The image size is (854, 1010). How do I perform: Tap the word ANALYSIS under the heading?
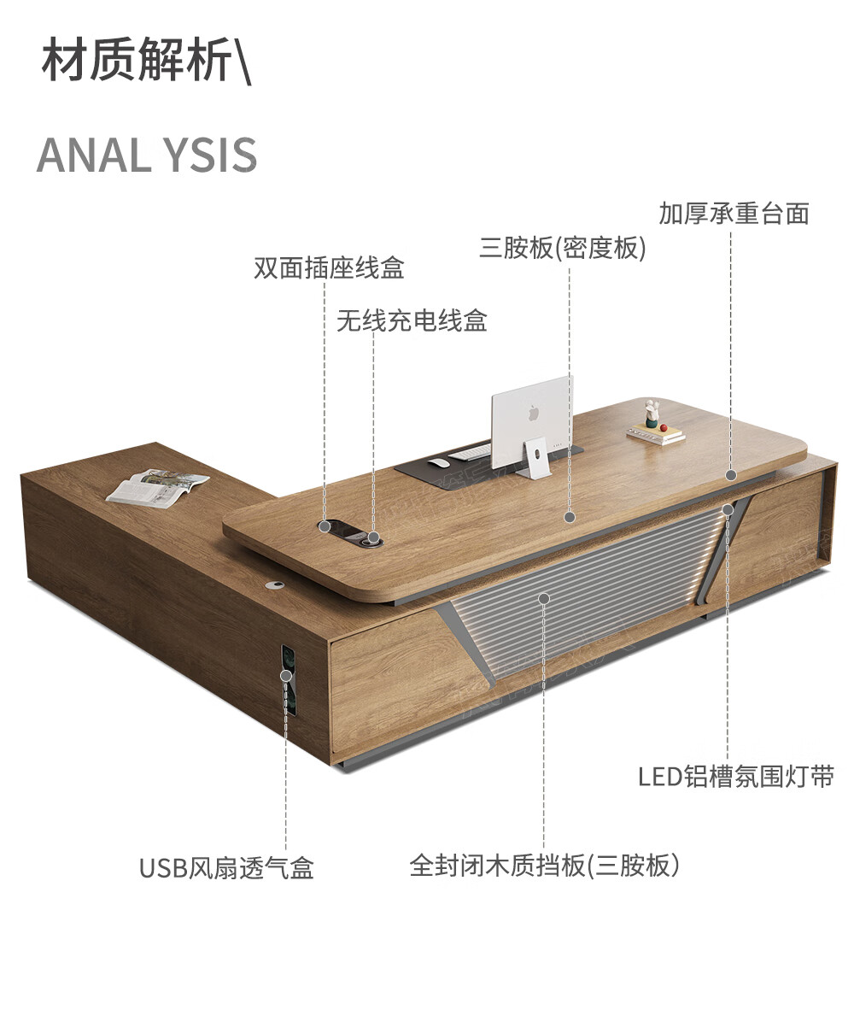click(x=147, y=155)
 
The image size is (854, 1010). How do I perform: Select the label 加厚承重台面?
click(x=734, y=213)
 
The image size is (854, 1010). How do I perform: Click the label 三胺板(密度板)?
click(x=563, y=249)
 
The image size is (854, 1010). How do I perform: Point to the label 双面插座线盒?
click(x=329, y=268)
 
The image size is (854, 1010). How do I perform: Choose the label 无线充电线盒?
click(x=412, y=321)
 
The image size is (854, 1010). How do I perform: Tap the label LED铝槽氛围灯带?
click(x=735, y=777)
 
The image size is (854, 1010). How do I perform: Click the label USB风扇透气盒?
click(x=227, y=868)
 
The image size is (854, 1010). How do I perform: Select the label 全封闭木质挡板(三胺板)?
click(x=545, y=866)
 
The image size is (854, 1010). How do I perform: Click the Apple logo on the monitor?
click(x=534, y=412)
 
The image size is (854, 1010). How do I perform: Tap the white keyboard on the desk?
click(x=471, y=451)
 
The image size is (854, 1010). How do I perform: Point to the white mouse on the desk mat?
click(x=438, y=463)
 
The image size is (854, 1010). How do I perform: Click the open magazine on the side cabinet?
click(x=157, y=487)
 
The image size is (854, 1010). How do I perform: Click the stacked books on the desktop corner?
click(x=656, y=434)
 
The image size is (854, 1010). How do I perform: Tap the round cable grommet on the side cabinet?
click(x=275, y=585)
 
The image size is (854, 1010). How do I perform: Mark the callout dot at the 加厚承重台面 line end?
click(x=731, y=475)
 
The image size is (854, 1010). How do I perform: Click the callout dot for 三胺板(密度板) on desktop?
click(x=570, y=517)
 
